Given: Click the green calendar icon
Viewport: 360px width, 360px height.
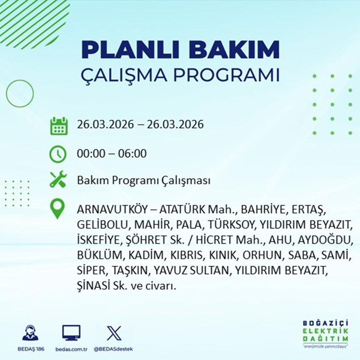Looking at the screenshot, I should tap(59, 126).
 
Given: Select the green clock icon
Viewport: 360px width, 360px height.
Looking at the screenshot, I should tap(58, 153).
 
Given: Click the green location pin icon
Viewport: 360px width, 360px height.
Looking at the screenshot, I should tap(58, 209).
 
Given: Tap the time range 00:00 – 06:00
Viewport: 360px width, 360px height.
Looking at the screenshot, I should tap(112, 153).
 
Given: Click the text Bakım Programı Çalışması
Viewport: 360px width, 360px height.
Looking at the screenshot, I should tap(144, 181).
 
